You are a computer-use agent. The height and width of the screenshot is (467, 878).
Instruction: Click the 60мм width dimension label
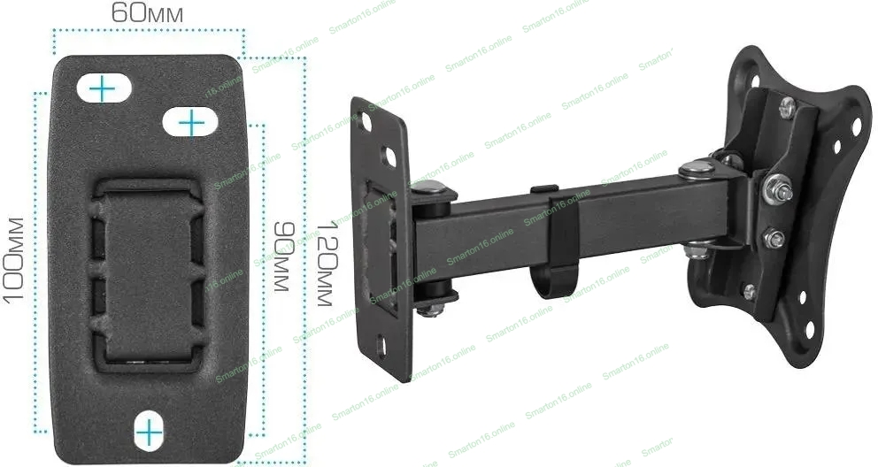(x=147, y=12)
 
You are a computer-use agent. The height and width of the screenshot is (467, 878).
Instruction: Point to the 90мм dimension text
(x=283, y=256)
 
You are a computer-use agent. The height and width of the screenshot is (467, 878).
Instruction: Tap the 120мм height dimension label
(x=326, y=263)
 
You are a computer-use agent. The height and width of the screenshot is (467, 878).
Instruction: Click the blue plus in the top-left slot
(x=103, y=88)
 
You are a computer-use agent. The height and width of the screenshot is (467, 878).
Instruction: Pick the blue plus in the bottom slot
(x=149, y=433)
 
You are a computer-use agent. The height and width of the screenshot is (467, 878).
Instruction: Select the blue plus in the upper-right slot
(x=191, y=122)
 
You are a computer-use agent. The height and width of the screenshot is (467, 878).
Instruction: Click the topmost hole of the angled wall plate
(x=365, y=120)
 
